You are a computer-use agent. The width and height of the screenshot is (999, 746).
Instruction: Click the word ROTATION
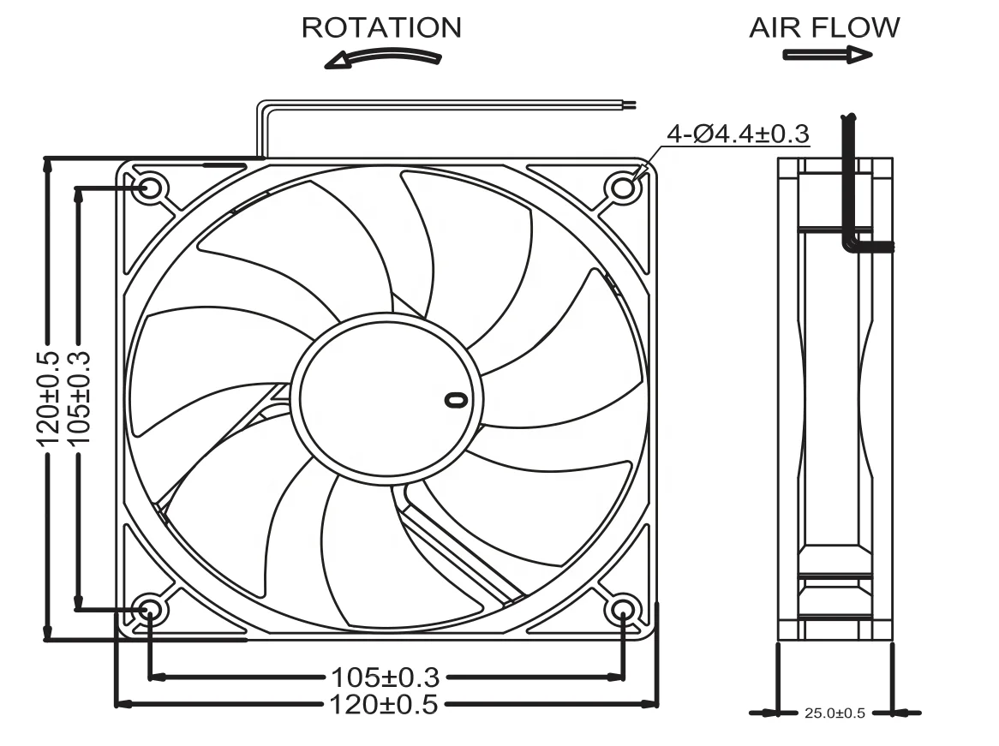click(x=381, y=27)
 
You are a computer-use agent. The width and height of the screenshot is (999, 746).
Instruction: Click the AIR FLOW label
click(x=824, y=27)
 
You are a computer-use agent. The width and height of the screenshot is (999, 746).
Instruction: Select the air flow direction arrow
click(x=827, y=55)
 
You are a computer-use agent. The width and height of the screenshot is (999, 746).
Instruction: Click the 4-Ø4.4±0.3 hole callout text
click(x=738, y=134)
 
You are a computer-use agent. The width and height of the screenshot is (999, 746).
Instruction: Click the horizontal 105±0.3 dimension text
click(x=385, y=677)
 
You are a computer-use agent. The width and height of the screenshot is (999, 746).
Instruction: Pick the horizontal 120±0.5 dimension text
click(x=385, y=705)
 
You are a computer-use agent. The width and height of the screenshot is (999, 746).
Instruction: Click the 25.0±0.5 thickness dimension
click(x=834, y=713)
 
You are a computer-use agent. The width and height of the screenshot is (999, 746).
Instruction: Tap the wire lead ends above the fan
click(x=630, y=105)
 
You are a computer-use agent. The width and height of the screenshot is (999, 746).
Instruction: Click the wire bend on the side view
click(x=851, y=244)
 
